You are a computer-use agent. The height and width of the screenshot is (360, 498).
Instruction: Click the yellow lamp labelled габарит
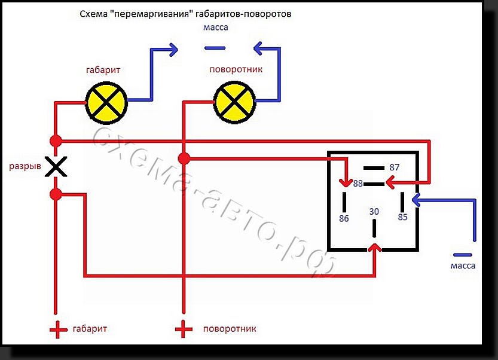click(106, 103)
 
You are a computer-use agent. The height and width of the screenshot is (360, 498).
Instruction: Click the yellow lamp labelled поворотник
click(234, 102)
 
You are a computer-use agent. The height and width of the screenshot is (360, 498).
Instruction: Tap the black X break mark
click(56, 166)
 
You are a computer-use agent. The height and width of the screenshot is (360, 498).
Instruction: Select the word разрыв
click(25, 166)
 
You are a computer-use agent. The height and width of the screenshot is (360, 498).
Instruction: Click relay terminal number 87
click(394, 167)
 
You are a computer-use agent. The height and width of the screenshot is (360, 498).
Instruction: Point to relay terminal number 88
click(358, 184)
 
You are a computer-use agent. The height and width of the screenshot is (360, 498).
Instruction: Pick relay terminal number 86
click(344, 218)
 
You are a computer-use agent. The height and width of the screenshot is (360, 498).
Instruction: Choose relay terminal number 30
click(374, 212)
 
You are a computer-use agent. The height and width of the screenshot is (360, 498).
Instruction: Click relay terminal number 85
click(403, 217)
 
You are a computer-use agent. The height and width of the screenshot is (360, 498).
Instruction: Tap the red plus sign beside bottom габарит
click(58, 330)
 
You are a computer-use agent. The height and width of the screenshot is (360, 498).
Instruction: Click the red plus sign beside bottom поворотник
click(184, 328)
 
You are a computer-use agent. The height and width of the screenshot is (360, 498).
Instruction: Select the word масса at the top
click(216, 28)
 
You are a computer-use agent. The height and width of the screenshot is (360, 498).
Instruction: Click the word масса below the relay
click(463, 266)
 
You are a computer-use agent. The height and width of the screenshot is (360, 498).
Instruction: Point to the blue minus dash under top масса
click(215, 48)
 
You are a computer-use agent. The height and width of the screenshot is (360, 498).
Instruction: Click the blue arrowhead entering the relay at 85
click(416, 200)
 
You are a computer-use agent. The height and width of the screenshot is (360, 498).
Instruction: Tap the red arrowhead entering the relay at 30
click(375, 247)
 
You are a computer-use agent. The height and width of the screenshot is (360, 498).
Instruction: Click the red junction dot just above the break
click(56, 141)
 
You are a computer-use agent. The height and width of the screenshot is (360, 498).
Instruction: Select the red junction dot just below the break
click(56, 194)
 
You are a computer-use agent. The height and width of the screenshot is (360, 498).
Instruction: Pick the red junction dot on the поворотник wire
click(184, 158)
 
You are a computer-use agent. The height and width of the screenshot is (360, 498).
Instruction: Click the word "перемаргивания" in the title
click(151, 14)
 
